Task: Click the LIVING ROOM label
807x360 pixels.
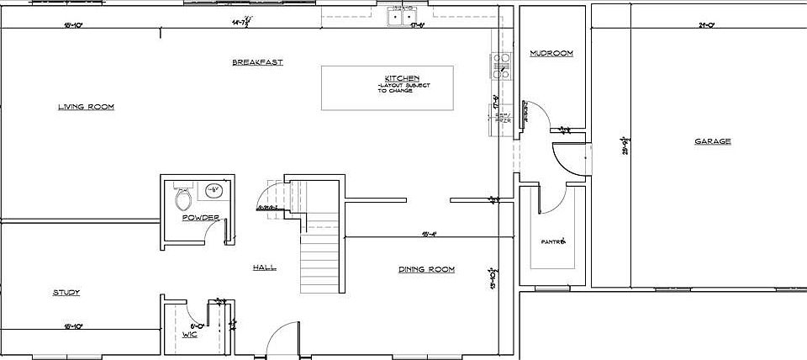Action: tap(86, 107)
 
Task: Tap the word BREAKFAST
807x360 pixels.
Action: tap(257, 62)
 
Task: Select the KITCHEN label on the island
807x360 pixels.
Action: tap(396, 78)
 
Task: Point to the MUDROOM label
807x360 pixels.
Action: tap(551, 54)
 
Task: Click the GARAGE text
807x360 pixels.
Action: tap(711, 141)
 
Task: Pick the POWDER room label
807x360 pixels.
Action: tap(200, 218)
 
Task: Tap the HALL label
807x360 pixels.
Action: tap(264, 268)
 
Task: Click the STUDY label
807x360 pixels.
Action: tap(66, 293)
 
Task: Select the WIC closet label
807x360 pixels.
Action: tap(190, 335)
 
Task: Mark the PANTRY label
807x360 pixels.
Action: tap(553, 241)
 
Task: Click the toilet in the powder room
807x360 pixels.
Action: tap(183, 199)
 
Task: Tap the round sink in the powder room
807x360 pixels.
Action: tap(214, 191)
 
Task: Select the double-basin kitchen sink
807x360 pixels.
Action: tap(401, 16)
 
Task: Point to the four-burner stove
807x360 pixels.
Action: tap(500, 66)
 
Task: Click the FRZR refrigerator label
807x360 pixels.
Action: tap(503, 119)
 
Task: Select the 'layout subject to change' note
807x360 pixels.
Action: tap(395, 88)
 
